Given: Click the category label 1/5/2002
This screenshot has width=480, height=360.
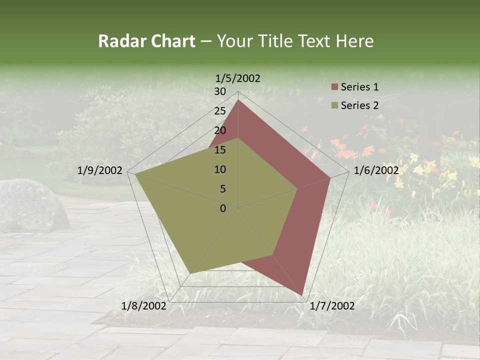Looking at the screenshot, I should click(238, 78).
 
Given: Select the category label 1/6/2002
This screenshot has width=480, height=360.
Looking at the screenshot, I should click(376, 170).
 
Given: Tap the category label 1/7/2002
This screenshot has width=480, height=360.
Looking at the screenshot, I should click(332, 306).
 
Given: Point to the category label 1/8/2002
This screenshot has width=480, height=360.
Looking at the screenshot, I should click(144, 306).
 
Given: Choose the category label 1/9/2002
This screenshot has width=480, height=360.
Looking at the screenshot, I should click(100, 170).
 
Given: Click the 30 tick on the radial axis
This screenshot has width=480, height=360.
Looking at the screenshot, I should click(220, 91).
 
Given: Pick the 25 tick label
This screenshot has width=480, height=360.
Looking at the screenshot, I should click(220, 111).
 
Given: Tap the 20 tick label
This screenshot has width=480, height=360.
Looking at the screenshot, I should click(220, 130).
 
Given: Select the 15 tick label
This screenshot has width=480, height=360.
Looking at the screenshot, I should click(220, 150).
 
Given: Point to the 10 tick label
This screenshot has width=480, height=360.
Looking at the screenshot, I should click(220, 169).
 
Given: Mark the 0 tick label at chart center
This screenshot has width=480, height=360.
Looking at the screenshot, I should click(223, 208).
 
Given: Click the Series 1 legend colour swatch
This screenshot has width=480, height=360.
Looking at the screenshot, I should click(334, 87).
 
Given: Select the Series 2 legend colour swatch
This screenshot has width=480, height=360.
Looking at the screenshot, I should click(334, 105).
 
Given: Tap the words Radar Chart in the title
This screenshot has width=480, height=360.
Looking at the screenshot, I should click(146, 41).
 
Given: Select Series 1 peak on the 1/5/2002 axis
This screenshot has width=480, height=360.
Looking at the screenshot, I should click(238, 100).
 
